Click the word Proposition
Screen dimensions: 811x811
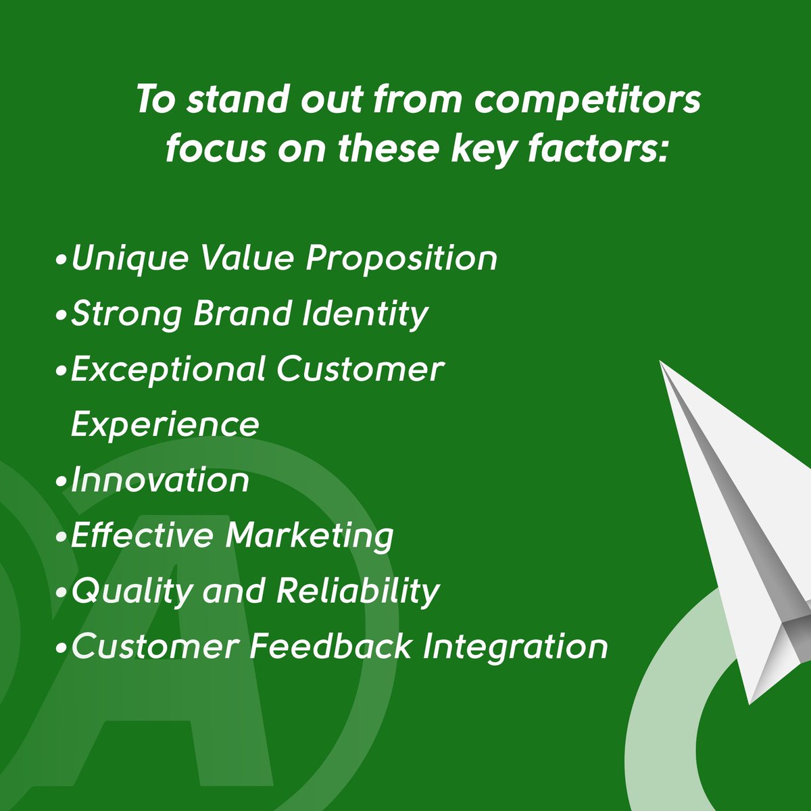tap(401, 260)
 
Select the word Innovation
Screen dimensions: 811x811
tap(160, 481)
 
